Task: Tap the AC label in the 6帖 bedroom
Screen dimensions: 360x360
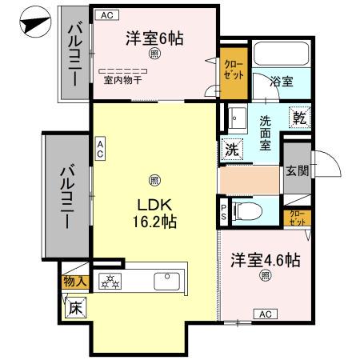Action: pos(106,15)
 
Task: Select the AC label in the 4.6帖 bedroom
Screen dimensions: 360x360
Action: pos(265,314)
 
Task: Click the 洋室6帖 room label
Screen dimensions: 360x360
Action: pos(154,37)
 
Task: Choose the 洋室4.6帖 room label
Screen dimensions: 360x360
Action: pos(266,260)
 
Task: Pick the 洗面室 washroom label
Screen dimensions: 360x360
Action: pos(267,134)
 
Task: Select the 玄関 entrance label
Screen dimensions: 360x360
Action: pos(297,170)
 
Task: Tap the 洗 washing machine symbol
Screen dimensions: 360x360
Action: pos(230,148)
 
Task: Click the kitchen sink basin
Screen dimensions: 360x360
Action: pos(167,281)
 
